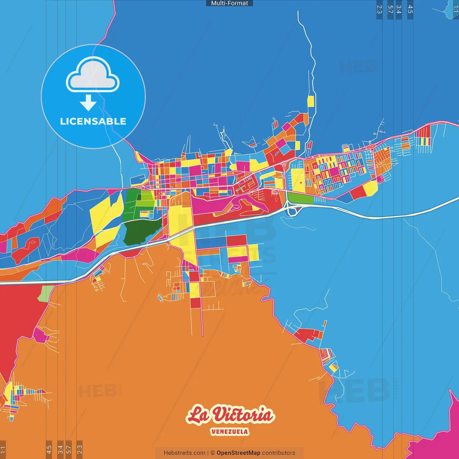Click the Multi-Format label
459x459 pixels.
click(229, 3)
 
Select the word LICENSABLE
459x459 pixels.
click(93, 122)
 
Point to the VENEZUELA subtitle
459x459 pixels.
click(229, 432)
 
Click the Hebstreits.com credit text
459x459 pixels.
click(184, 453)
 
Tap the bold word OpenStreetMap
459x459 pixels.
click(238, 453)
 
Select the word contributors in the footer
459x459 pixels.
click(279, 453)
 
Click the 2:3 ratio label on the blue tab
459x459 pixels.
click(379, 9)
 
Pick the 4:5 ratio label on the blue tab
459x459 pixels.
click(410, 9)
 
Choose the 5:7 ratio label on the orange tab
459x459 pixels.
click(69, 449)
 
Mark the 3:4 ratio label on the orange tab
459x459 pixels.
click(60, 449)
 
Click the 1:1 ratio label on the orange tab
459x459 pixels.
click(3, 449)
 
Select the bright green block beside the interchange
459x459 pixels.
click(301, 198)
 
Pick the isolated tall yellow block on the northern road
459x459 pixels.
click(311, 101)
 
